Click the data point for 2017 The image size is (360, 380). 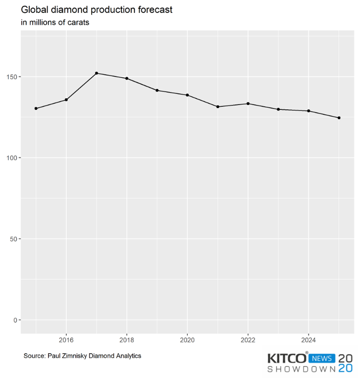click(x=96, y=73)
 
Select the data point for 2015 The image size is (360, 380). click(x=36, y=108)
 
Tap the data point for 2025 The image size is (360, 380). click(x=339, y=118)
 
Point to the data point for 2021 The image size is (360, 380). click(x=218, y=107)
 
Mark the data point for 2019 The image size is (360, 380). click(x=157, y=90)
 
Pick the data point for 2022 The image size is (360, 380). click(x=248, y=103)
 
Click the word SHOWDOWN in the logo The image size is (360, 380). click(x=301, y=369)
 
